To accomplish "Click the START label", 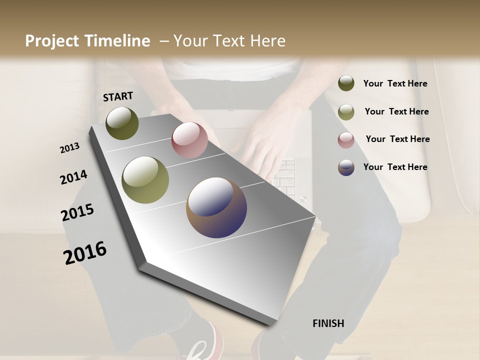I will click(118, 96).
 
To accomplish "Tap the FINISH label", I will click(328, 323).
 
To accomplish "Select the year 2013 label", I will click(69, 148).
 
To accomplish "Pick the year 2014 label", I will click(73, 177).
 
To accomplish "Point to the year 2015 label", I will click(77, 213).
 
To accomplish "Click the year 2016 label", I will click(85, 253).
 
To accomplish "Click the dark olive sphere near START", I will click(122, 123).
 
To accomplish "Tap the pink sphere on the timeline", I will click(189, 140).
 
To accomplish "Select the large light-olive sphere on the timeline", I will click(145, 179).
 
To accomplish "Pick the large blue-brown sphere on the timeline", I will click(216, 207).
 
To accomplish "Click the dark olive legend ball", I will click(346, 83).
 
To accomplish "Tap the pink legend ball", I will click(346, 140).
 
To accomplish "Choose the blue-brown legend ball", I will click(346, 167).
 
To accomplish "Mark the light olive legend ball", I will click(346, 112).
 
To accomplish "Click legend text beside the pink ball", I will click(397, 139).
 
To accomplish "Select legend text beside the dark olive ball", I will click(395, 83).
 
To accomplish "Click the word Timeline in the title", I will click(117, 41).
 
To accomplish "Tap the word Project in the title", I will click(52, 41).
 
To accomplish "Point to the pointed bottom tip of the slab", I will click(270, 324).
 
